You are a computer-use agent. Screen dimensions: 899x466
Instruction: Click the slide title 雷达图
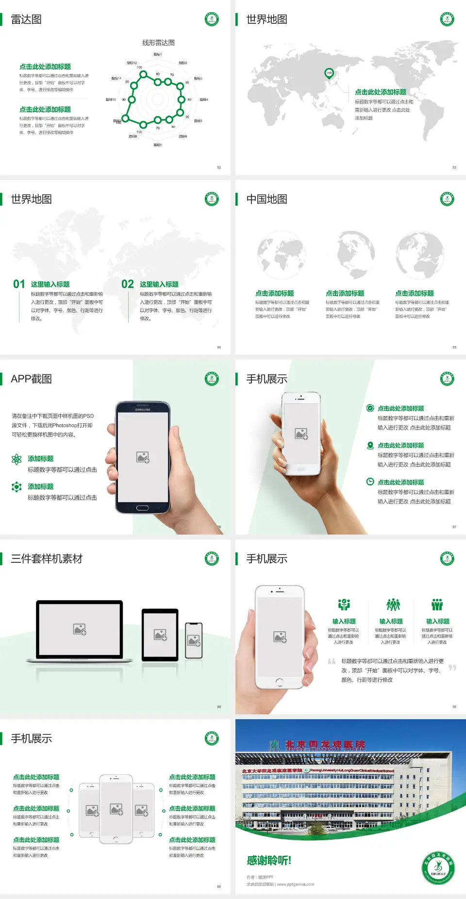[x=26, y=19]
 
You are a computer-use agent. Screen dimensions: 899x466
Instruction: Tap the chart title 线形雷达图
[x=158, y=43]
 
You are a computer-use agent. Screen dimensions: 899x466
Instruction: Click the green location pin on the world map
[x=329, y=73]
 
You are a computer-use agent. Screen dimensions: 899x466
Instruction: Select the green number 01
[x=19, y=284]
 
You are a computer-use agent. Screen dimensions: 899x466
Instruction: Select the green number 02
[x=128, y=284]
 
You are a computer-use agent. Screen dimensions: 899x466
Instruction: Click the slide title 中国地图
[x=266, y=199]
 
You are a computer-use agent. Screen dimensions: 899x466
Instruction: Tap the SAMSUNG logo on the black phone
[x=143, y=410]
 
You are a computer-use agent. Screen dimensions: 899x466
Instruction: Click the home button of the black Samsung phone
[x=142, y=508]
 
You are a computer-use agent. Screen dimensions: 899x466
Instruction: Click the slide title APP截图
[x=31, y=379]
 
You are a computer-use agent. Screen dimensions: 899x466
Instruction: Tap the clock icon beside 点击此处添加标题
[x=370, y=482]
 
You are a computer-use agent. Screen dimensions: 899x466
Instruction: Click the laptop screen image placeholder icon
[x=80, y=629]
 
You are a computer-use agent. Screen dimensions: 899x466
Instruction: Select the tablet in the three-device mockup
[x=160, y=634]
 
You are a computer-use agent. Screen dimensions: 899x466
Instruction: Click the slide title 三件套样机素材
[x=47, y=559]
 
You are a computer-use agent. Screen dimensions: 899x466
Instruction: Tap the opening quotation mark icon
[x=332, y=661]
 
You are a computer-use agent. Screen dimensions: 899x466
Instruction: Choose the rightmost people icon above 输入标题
[x=437, y=605]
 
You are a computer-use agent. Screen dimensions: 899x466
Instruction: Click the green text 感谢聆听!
[x=269, y=861]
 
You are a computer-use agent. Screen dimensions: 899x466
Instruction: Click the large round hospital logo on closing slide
[x=438, y=868]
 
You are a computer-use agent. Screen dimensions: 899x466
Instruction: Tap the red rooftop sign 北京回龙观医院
[x=325, y=745]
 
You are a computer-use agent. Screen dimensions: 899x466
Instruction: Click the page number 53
[x=454, y=167]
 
